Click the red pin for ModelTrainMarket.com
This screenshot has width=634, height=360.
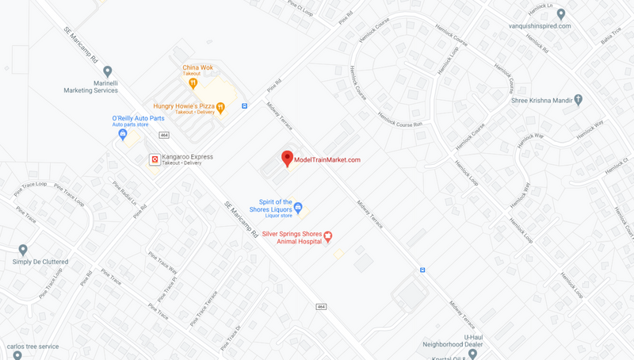coord(287,158)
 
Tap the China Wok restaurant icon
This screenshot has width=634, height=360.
coord(193,82)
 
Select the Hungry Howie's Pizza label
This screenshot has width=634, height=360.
coord(183,105)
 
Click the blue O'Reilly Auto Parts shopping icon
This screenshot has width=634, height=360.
coord(123,134)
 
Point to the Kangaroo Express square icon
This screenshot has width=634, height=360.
coord(155,159)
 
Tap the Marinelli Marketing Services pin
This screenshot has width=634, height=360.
coord(108,72)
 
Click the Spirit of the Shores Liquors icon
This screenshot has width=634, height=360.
coord(298,209)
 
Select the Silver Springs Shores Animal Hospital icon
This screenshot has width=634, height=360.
coord(328,236)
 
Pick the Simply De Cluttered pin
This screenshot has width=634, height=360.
coord(23,251)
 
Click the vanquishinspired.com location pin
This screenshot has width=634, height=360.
coord(560,14)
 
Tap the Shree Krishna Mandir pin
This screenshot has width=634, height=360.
coord(579,100)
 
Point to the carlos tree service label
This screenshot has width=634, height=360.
coord(32,347)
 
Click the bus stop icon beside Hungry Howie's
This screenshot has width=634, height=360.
coord(245,106)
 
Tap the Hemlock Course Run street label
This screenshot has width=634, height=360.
coord(399,120)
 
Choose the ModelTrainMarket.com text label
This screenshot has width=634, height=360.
coord(327,160)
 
